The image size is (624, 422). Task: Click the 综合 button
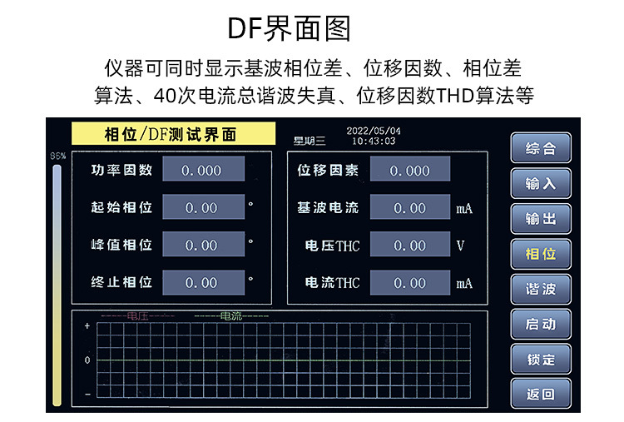540,148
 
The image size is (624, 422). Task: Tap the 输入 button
540,183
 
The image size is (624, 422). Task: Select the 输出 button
540,218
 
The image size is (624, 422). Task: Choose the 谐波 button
540,289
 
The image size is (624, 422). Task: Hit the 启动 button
540,324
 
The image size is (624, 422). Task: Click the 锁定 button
540,360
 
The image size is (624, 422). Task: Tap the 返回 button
540,395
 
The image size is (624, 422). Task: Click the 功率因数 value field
202,170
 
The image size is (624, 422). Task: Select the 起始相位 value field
202,207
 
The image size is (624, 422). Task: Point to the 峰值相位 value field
202,245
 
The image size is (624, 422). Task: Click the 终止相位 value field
202,282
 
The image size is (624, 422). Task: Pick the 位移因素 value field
409,170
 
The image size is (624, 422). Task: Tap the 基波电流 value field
409,207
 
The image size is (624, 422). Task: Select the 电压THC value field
409,245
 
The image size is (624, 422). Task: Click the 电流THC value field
409,282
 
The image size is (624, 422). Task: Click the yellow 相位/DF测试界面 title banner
172,134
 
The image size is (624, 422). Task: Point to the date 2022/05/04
373,131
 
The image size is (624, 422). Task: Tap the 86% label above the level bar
57,156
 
